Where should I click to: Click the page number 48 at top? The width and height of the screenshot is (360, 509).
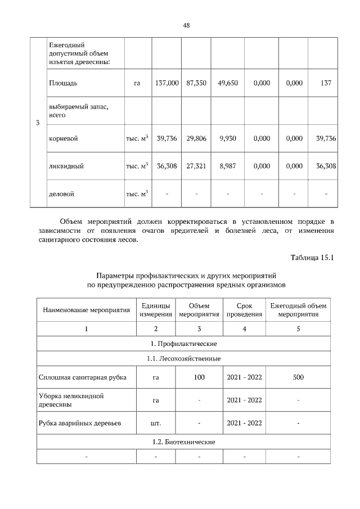[x=186, y=25]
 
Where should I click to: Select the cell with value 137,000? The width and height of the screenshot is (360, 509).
[x=166, y=83]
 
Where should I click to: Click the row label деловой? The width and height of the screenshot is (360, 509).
[x=62, y=194]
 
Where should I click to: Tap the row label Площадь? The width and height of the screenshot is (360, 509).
[x=63, y=83]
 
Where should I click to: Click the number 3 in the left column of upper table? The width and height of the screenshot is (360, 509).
[x=37, y=124]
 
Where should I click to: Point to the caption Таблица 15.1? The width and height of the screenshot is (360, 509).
[x=312, y=258]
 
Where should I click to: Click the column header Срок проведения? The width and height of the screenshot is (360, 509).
[x=244, y=309]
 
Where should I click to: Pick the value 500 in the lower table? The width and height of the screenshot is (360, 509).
[x=298, y=377]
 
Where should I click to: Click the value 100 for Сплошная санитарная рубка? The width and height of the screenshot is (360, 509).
[x=199, y=377]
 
